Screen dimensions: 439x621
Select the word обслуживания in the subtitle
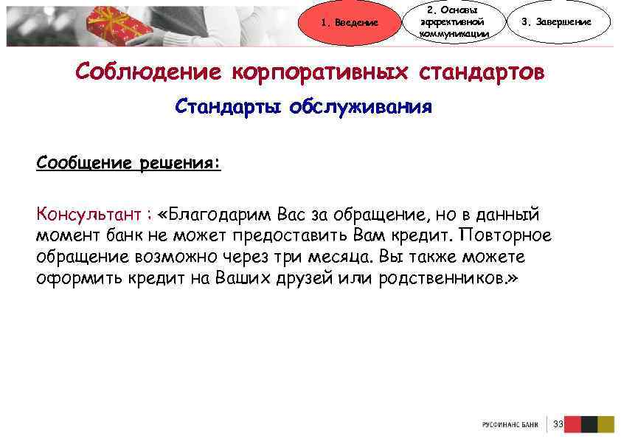coord(361,108)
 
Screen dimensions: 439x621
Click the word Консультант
coord(89,215)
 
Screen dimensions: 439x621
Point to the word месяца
coord(347,257)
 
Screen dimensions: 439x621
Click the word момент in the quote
coord(63,236)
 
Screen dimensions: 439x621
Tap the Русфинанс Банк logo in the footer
coord(510,425)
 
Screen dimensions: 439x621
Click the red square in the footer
coord(572,424)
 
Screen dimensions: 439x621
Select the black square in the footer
coord(589,424)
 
